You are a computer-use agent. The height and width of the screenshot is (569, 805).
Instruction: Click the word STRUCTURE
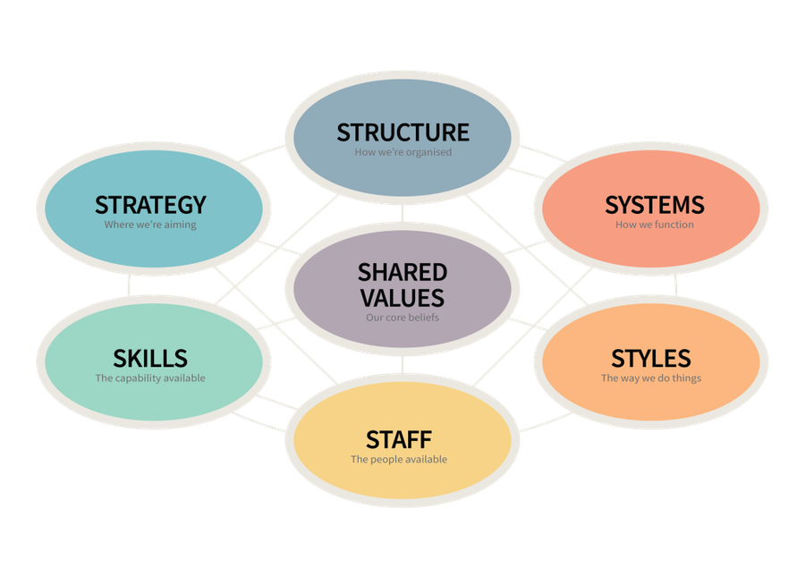[402, 132]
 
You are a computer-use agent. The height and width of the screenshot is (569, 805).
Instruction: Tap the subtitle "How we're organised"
[402, 152]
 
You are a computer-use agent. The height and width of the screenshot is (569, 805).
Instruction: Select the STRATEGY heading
[150, 205]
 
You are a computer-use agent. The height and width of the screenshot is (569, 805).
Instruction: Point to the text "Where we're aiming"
[150, 225]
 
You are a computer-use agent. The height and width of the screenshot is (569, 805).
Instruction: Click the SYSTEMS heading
[654, 205]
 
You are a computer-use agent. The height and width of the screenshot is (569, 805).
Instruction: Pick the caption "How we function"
[654, 225]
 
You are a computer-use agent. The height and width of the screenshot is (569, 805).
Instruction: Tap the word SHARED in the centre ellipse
[402, 272]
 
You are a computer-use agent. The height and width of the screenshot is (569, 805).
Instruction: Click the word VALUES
[402, 297]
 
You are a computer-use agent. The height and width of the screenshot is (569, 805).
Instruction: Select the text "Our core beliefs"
[402, 317]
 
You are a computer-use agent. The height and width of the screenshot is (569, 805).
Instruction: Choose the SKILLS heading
[150, 359]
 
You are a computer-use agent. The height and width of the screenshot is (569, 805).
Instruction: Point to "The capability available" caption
[150, 378]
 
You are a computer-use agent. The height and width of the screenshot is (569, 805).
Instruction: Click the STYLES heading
[651, 359]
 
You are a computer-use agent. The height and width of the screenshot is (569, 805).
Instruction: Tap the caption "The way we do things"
[651, 378]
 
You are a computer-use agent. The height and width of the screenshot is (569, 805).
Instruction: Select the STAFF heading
[399, 440]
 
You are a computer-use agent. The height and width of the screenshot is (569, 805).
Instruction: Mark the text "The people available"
[399, 460]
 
